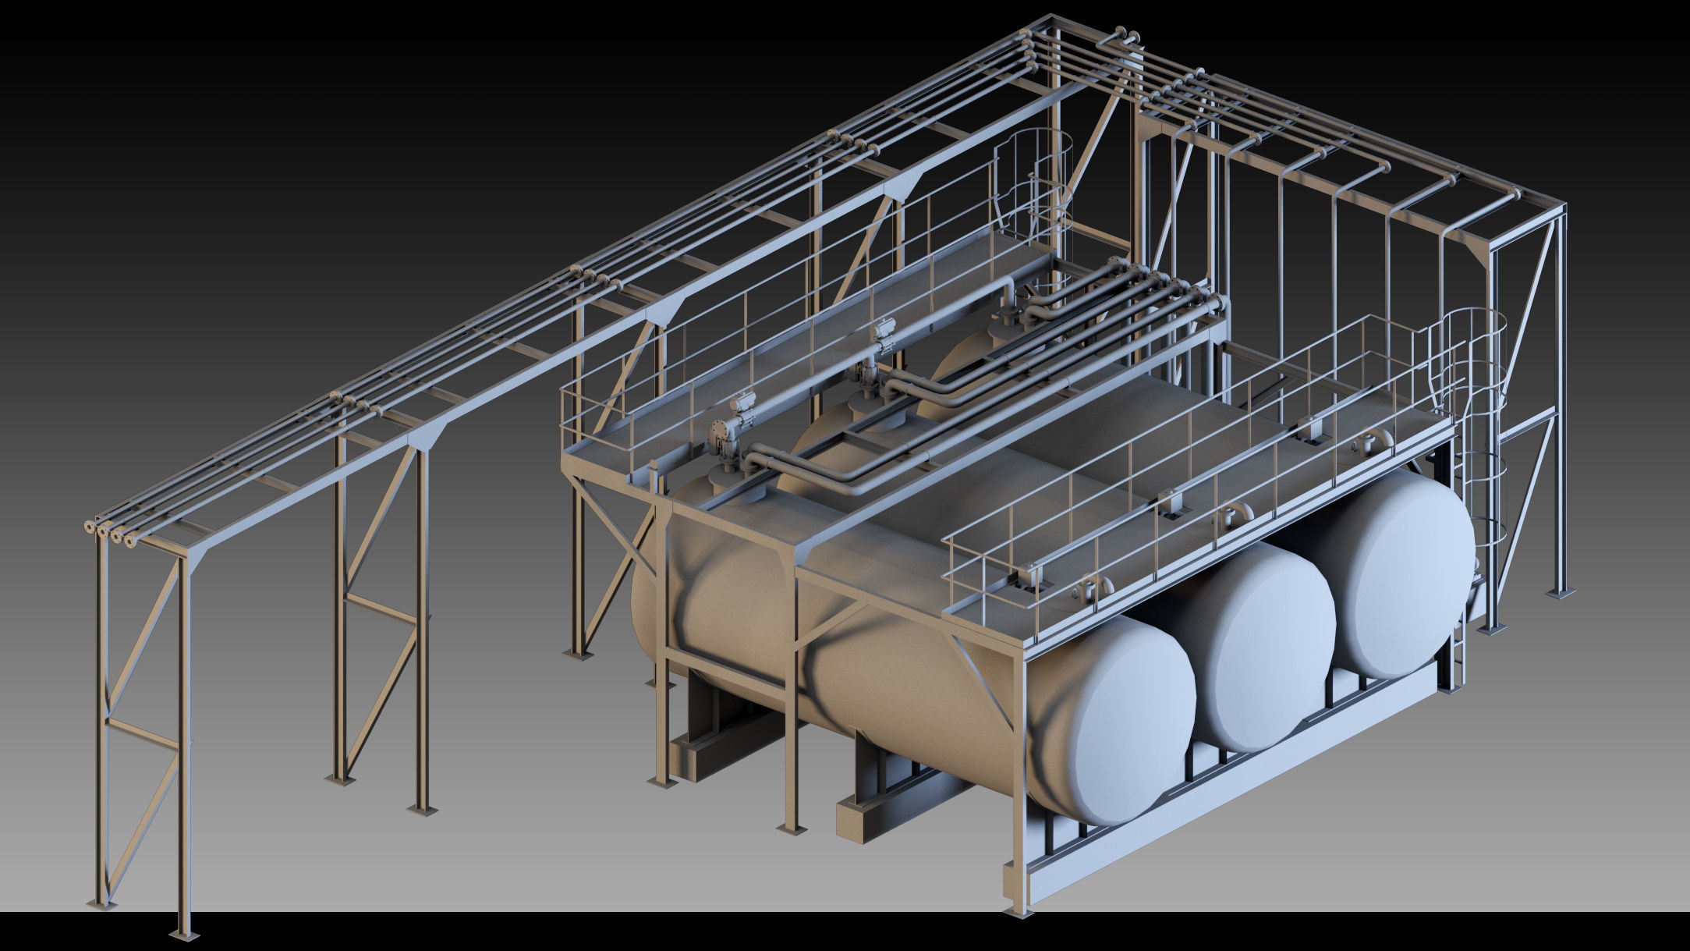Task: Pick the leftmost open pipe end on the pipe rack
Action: [88, 528]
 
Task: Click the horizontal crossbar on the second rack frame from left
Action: [382, 609]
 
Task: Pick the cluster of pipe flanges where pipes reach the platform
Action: [1170, 285]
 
